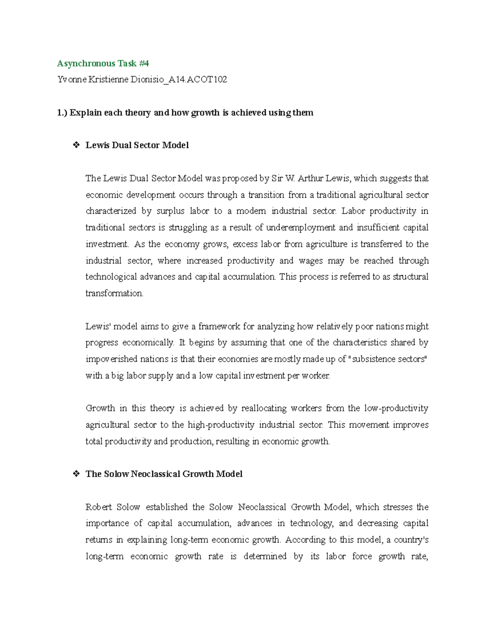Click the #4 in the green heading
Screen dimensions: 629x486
144,63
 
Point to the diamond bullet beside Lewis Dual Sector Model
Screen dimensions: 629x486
76,145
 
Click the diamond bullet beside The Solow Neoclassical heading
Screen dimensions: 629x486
76,474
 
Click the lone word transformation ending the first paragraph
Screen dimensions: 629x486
114,293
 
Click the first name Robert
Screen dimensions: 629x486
98,507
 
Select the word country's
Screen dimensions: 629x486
413,540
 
